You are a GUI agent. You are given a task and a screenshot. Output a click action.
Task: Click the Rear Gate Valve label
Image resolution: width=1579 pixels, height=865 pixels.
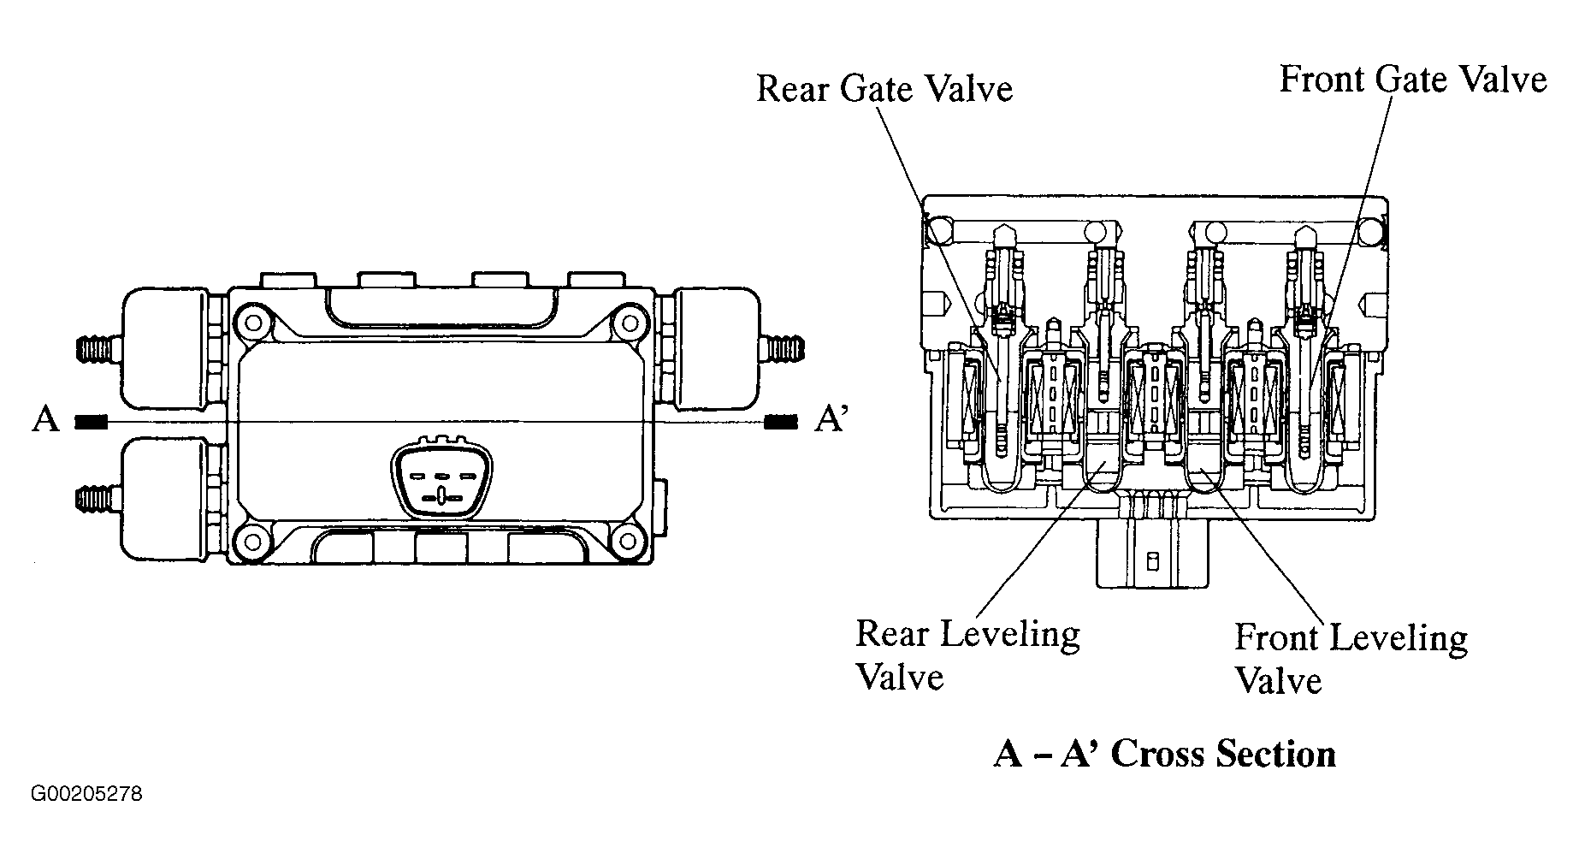(x=884, y=90)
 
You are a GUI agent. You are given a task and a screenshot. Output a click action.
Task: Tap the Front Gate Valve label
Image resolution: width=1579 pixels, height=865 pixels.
(x=1413, y=80)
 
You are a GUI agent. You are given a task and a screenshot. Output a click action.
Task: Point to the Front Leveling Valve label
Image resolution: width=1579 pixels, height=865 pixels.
(x=1351, y=660)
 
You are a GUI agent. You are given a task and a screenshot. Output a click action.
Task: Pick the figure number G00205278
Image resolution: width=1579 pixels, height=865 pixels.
(x=87, y=795)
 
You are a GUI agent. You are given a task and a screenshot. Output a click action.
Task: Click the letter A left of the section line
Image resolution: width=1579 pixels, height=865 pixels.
(x=45, y=420)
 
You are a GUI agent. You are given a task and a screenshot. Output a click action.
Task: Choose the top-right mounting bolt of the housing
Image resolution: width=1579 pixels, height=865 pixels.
(x=630, y=323)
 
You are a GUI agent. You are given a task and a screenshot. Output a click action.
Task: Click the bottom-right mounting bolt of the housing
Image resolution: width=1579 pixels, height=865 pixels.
(x=630, y=540)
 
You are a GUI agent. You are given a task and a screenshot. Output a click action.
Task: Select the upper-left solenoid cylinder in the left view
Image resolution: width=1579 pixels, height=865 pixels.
(x=165, y=347)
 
